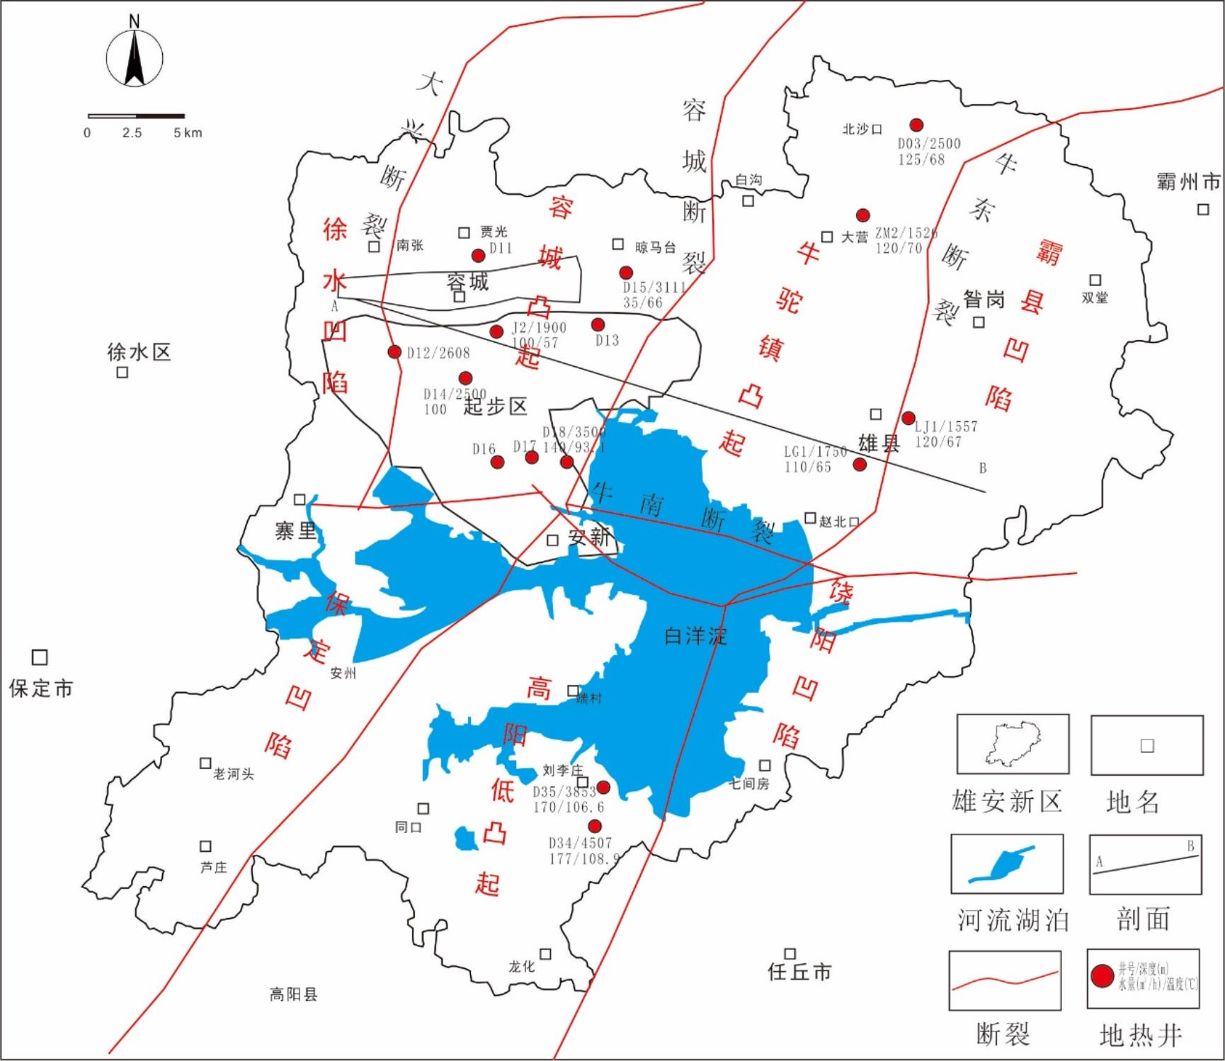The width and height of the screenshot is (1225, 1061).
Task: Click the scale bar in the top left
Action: point(136,115)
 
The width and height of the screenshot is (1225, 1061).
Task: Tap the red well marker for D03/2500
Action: point(916,125)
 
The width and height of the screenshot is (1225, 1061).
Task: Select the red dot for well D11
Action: point(478,256)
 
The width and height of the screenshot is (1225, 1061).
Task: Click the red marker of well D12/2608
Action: point(394,352)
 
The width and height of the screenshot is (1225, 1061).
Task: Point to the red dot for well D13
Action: point(598,324)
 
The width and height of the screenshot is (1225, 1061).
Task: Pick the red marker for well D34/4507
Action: point(595,826)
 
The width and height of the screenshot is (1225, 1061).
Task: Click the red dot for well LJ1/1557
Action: point(908,418)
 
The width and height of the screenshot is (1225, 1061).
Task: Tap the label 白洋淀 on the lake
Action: point(695,635)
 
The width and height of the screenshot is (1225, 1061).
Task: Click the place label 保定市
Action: point(40,688)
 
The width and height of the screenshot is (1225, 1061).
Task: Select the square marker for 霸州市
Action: point(1203,210)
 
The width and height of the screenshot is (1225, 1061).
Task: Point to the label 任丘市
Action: point(799,972)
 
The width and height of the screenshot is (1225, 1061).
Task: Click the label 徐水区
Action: point(139,351)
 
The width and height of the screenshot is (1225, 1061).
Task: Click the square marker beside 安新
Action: point(553,540)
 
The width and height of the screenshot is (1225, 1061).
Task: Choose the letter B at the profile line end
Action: point(982,468)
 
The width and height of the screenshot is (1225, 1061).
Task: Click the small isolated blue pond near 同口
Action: point(466,839)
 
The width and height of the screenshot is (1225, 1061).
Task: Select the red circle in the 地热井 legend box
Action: point(1102,976)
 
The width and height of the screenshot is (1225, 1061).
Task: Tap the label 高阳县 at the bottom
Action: point(293,994)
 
